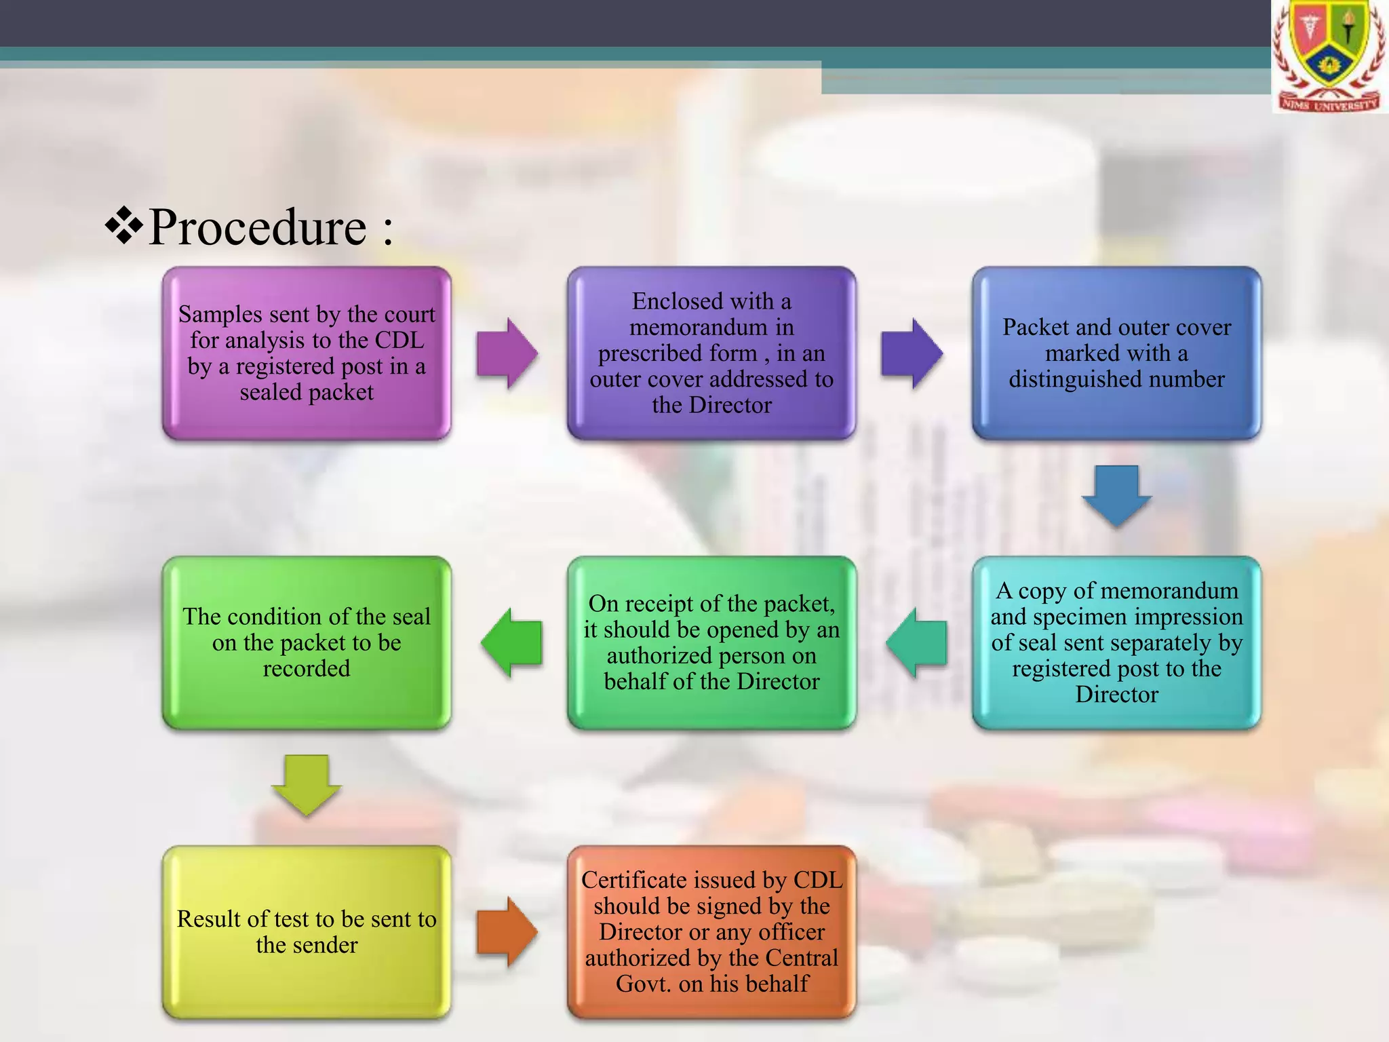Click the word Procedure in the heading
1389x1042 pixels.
[258, 228]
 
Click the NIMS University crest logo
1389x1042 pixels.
[1329, 57]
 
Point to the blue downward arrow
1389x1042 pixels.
[1116, 495]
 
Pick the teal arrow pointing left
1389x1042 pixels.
[916, 642]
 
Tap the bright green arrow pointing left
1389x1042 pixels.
[512, 642]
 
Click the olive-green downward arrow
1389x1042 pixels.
[307, 784]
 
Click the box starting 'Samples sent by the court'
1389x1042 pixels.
[307, 353]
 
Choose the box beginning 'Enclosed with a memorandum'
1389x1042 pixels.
[711, 353]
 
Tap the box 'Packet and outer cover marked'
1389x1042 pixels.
[1116, 353]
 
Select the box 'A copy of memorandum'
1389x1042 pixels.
[1116, 642]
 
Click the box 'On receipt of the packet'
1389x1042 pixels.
[711, 642]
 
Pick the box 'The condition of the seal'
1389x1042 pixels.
[307, 642]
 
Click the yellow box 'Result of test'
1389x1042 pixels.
[307, 932]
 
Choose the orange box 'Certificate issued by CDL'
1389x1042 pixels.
[711, 932]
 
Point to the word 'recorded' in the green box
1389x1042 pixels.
[307, 669]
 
